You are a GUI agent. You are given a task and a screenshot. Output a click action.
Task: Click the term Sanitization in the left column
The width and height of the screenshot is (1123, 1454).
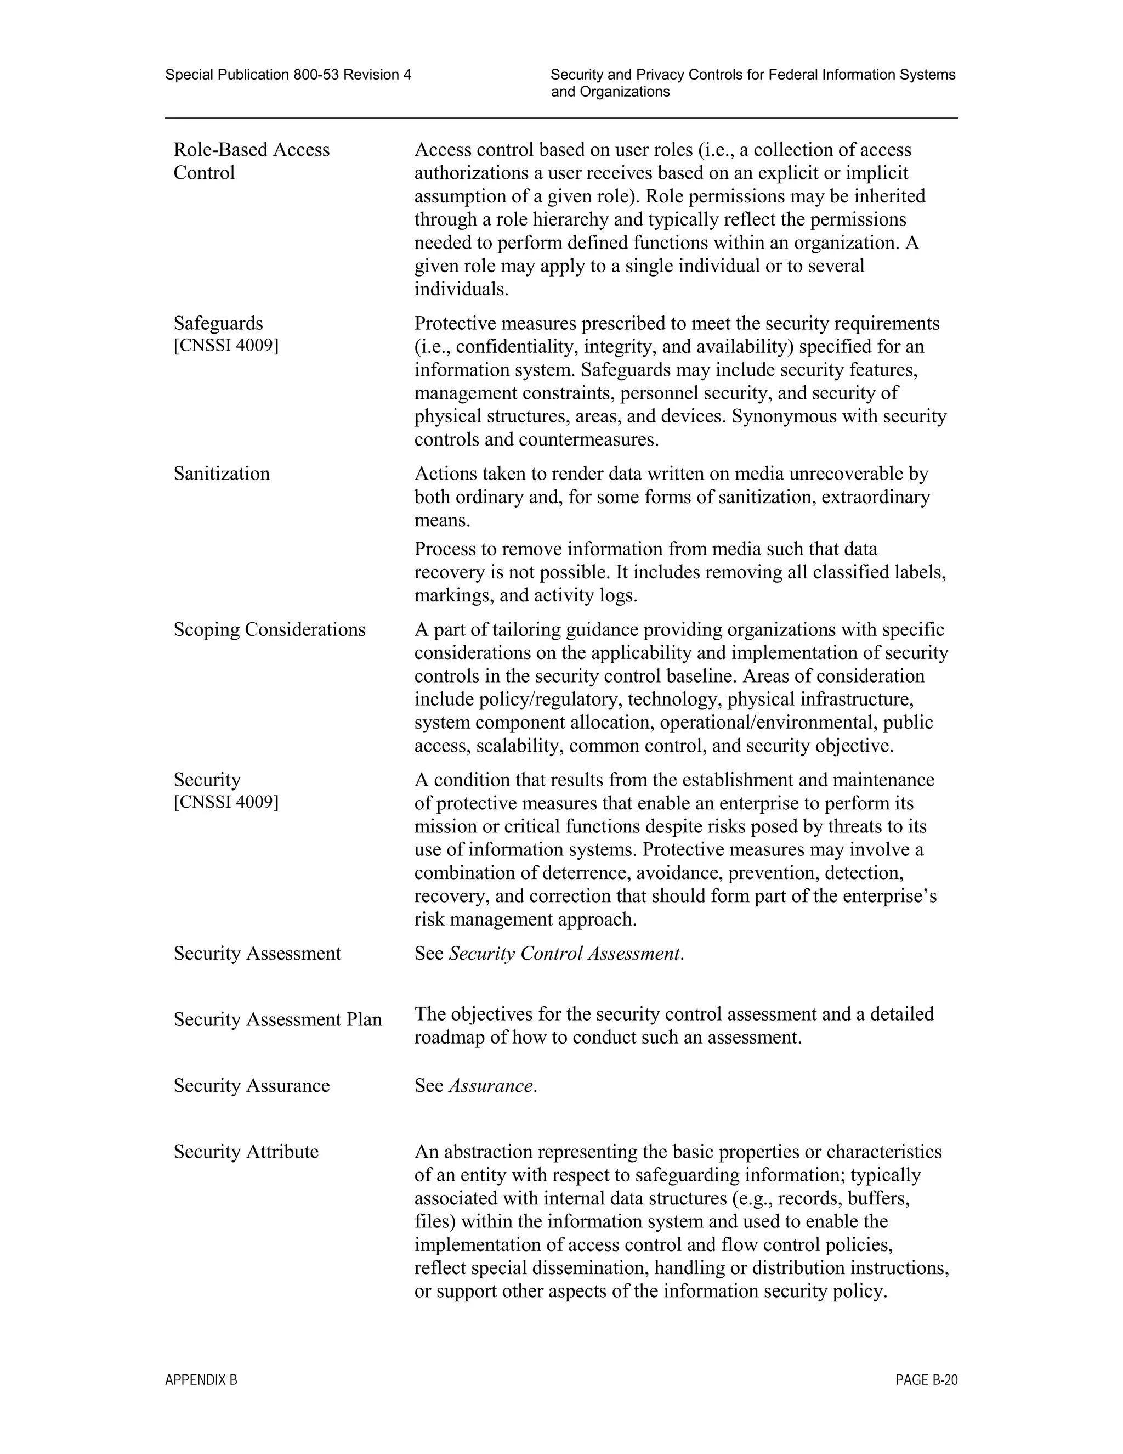(x=222, y=474)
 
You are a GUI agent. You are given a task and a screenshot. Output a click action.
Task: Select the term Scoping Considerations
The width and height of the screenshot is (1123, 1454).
(x=269, y=629)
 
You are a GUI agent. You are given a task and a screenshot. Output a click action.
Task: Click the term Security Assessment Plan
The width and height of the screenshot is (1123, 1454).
(x=277, y=1019)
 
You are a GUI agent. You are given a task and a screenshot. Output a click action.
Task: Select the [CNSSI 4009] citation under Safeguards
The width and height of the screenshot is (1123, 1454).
(x=226, y=346)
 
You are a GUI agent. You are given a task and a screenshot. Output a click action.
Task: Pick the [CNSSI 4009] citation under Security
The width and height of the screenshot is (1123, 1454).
(x=226, y=802)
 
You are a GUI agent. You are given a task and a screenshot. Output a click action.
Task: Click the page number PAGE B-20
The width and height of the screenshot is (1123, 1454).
(x=926, y=1380)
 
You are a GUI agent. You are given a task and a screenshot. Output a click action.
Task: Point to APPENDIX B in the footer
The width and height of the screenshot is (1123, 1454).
(x=201, y=1380)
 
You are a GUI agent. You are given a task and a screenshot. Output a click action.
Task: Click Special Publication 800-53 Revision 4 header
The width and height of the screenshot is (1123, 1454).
(x=288, y=75)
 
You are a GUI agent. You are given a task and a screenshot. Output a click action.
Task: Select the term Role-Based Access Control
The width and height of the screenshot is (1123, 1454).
(x=252, y=160)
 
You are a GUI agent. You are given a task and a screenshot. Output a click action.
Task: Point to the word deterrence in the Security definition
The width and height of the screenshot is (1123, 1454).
(x=583, y=872)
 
